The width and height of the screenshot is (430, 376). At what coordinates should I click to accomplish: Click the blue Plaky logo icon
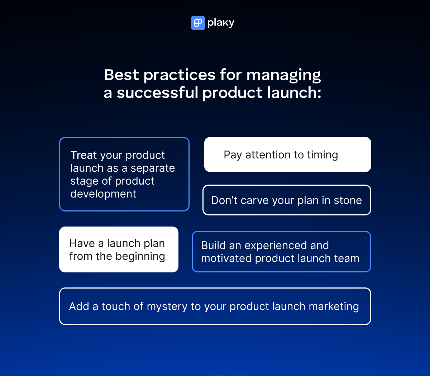tap(198, 23)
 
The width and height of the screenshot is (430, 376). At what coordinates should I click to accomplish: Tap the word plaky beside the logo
tap(221, 23)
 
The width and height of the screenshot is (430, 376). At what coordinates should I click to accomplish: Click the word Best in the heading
tap(121, 75)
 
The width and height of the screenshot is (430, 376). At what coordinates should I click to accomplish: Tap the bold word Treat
tap(83, 155)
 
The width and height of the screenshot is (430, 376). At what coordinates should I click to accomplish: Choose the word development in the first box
tap(103, 194)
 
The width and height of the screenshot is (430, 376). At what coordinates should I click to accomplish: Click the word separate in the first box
tap(153, 168)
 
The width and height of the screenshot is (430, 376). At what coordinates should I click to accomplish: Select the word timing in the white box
tap(322, 155)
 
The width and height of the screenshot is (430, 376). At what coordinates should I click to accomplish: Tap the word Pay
tap(233, 155)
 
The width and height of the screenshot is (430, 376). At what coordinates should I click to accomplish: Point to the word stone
tap(348, 200)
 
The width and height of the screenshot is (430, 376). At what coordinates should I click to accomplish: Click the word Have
tap(82, 243)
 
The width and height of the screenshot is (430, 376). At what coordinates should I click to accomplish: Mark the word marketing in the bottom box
tap(334, 307)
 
